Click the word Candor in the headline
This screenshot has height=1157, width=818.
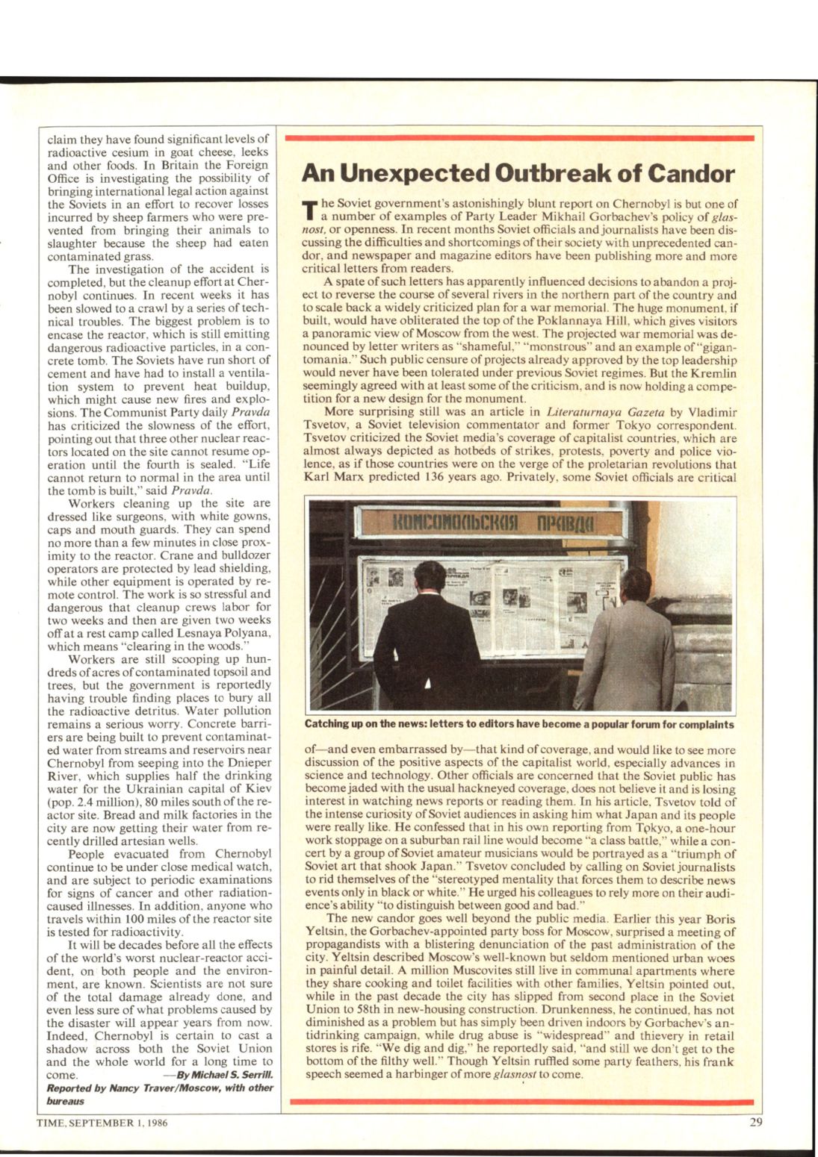point(690,175)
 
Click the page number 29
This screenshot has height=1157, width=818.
point(756,1123)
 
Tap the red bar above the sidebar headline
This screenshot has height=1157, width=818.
point(520,139)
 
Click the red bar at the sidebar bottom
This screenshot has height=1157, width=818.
point(520,1102)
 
